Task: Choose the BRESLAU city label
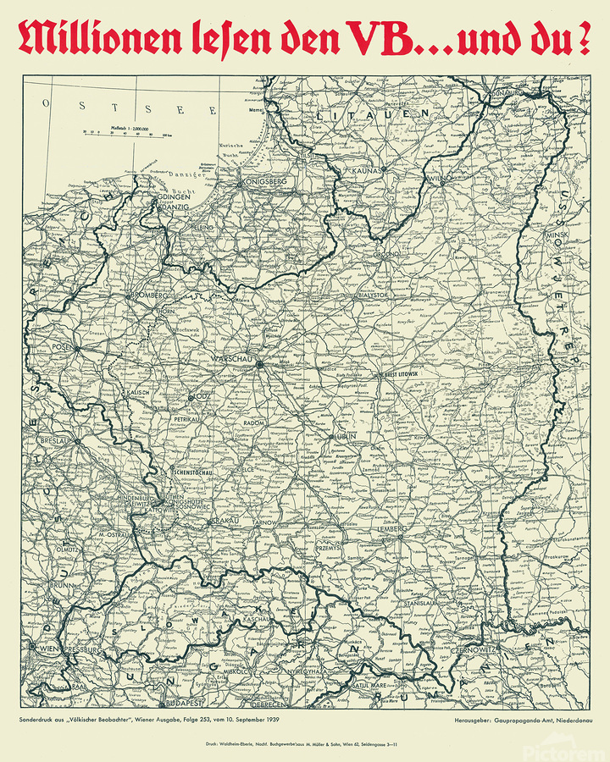point(53,441)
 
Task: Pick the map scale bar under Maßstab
point(126,132)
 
